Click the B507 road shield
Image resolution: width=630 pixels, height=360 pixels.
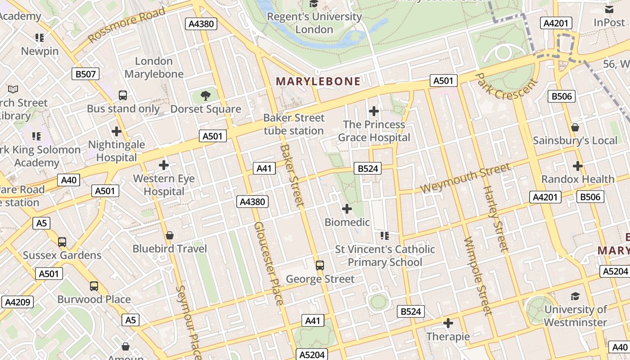pyautogui.click(x=85, y=74)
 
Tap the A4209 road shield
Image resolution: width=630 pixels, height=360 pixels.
pyautogui.click(x=18, y=302)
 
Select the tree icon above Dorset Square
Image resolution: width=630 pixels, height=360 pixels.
pyautogui.click(x=206, y=95)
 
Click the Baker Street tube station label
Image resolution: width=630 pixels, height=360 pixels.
pyautogui.click(x=293, y=124)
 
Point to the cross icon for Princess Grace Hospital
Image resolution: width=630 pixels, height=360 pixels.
pyautogui.click(x=373, y=111)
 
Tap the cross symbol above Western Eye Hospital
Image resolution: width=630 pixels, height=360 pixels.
pyautogui.click(x=164, y=165)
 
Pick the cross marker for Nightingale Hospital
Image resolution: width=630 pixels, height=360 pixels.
pyautogui.click(x=117, y=131)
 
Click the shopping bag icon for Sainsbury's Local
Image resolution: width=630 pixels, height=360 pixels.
pyautogui.click(x=575, y=127)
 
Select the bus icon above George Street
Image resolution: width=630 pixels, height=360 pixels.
pyautogui.click(x=320, y=265)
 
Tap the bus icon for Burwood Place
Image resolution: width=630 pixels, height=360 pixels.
pyautogui.click(x=94, y=286)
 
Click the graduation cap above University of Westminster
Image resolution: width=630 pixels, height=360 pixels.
pyautogui.click(x=575, y=296)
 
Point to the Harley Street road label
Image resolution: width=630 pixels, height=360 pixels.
pyautogui.click(x=495, y=218)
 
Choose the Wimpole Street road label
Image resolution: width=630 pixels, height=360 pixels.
pyautogui.click(x=475, y=275)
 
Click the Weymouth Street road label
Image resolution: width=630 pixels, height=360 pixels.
pyautogui.click(x=465, y=179)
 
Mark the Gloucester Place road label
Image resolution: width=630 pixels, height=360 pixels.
pyautogui.click(x=269, y=263)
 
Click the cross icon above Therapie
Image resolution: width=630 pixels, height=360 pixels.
pyautogui.click(x=448, y=323)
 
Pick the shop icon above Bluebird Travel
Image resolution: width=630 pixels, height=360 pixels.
pyautogui.click(x=170, y=235)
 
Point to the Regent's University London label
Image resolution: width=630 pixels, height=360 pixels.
pyautogui.click(x=314, y=23)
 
